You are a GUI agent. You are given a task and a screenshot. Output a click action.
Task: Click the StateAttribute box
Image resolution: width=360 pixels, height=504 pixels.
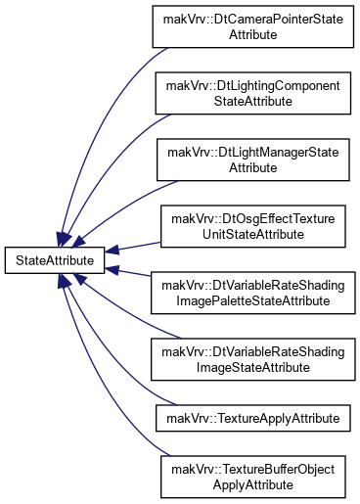point(55,260)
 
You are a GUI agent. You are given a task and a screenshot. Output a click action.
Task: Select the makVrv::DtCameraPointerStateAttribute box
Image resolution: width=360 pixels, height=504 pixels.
point(253,26)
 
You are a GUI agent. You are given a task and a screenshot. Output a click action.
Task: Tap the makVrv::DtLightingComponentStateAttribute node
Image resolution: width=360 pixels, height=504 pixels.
point(253,93)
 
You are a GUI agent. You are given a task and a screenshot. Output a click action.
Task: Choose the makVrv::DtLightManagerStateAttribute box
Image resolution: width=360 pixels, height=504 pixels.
point(253,160)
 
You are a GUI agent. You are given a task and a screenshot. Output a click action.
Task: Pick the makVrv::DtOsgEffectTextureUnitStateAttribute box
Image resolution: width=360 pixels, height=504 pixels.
point(253,226)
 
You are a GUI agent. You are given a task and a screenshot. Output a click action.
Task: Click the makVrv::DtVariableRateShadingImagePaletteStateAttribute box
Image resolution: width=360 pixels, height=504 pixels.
point(253,293)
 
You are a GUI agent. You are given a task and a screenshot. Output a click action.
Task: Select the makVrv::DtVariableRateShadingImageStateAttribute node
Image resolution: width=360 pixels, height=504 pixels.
point(253,359)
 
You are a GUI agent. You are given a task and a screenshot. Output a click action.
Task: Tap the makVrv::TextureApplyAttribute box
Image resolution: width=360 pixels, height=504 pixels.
point(253,418)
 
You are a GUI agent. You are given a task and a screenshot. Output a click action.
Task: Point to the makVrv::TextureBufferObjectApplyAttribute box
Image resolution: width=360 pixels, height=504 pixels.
point(253,477)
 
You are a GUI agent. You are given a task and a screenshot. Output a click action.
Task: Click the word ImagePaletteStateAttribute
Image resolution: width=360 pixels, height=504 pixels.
point(253,300)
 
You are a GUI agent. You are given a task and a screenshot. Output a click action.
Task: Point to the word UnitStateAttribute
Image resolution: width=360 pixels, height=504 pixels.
point(253,234)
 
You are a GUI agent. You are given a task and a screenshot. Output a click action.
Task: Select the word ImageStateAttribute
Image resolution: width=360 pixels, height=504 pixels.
point(253,367)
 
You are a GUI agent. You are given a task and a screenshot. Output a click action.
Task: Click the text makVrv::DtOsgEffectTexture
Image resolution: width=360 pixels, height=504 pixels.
point(253,218)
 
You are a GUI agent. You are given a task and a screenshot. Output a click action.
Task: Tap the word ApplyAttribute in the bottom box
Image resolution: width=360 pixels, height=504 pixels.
point(253,484)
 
